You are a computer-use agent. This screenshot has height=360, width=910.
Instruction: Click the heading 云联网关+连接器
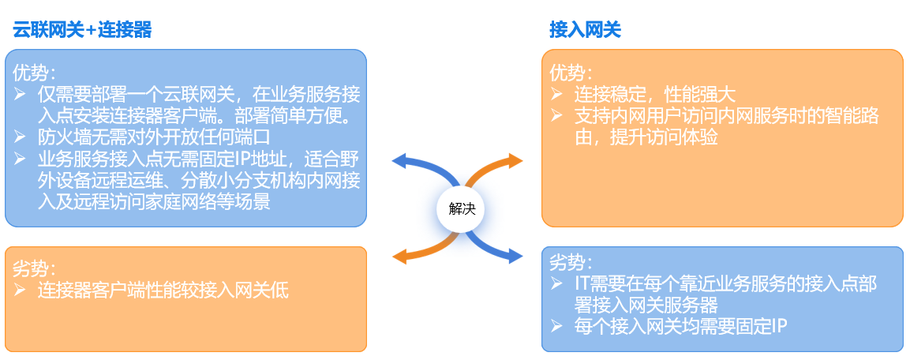click(x=82, y=30)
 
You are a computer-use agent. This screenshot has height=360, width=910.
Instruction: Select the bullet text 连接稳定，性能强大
click(x=654, y=95)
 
